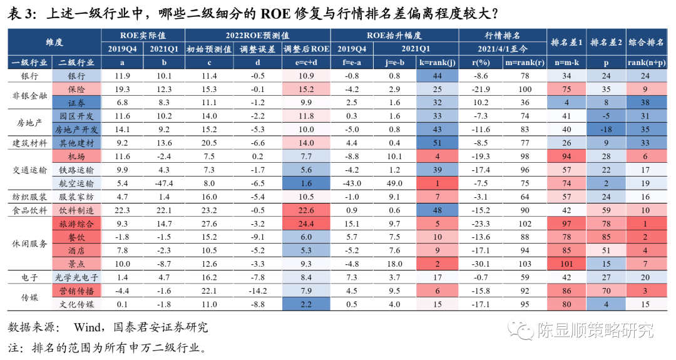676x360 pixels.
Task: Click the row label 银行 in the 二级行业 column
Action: (76, 75)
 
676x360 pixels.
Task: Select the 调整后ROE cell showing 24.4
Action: (306, 224)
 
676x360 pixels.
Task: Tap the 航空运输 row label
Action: (76, 183)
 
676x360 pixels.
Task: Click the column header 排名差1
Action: (567, 42)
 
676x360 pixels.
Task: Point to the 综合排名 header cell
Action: (645, 42)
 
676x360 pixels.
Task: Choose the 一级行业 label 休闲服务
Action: (29, 244)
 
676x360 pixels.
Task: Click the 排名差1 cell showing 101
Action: (567, 264)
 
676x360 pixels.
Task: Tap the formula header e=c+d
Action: (306, 62)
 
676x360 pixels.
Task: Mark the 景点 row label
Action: (76, 264)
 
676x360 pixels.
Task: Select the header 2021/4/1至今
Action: (503, 48)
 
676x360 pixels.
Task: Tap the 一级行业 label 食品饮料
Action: (29, 210)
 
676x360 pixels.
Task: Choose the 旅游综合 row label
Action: (76, 224)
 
